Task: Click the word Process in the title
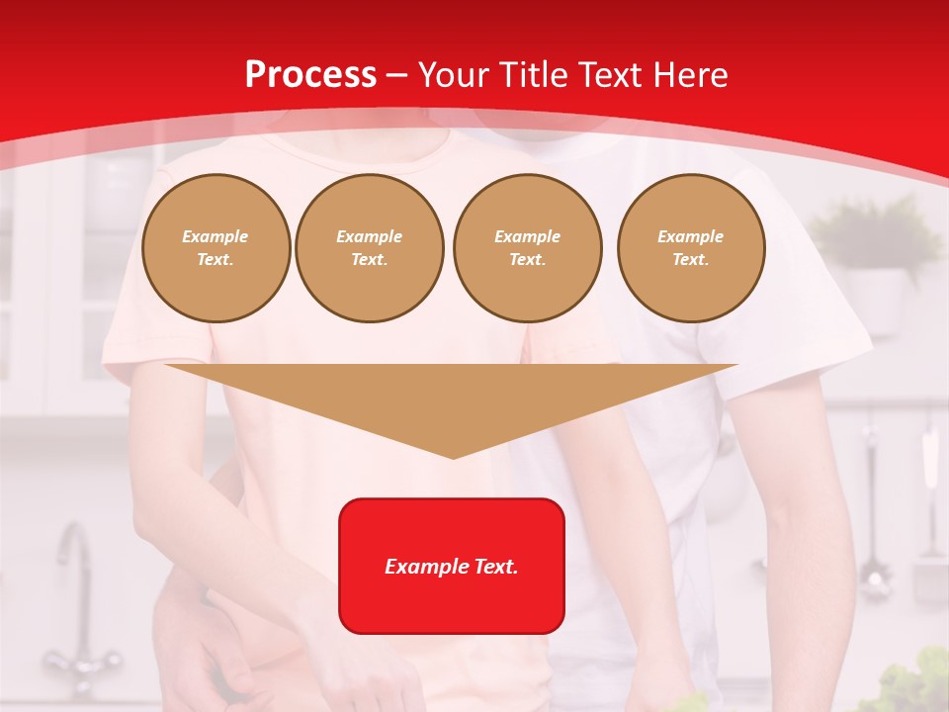click(310, 75)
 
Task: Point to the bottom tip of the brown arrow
click(453, 457)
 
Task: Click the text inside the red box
click(451, 567)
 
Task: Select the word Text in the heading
click(612, 75)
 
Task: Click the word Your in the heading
click(454, 75)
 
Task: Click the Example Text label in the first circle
click(216, 248)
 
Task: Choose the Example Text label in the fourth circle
click(690, 248)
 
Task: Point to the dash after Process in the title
click(396, 75)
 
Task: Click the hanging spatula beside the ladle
click(929, 514)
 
